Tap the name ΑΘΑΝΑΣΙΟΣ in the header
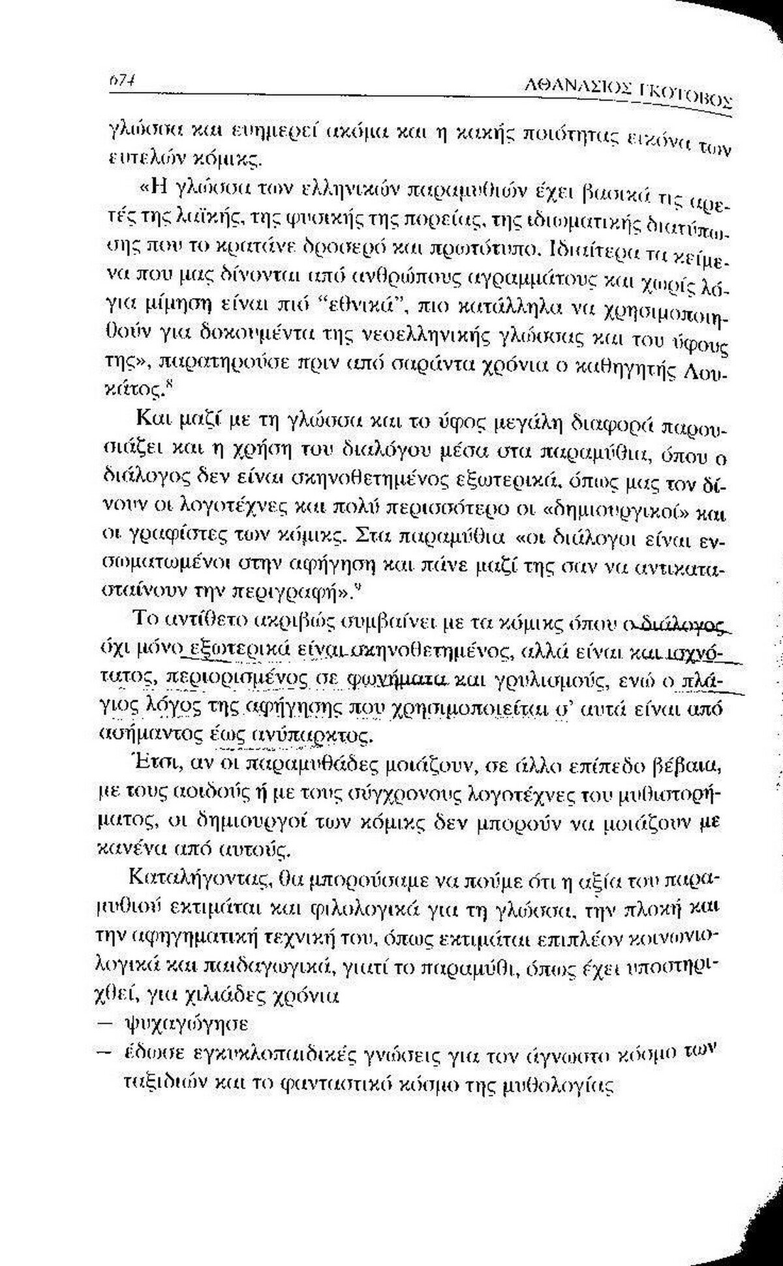click(585, 83)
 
